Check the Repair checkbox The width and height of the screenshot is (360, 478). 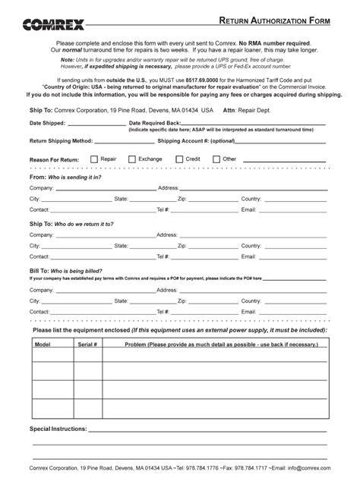pos(94,159)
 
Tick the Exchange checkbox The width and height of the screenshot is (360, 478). pos(132,159)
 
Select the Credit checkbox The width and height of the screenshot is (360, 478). pos(179,159)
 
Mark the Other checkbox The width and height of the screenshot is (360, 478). pos(216,159)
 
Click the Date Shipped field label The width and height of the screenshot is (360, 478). pos(48,123)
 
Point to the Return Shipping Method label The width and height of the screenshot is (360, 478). pos(61,141)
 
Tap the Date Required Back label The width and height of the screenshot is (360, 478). pos(155,123)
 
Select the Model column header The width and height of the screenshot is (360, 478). pos(43,344)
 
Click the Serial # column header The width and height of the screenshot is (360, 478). pos(87,344)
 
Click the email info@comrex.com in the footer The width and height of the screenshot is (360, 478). pos(308,468)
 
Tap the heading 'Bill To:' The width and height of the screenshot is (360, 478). pos(39,270)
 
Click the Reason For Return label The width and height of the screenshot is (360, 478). pos(54,160)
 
